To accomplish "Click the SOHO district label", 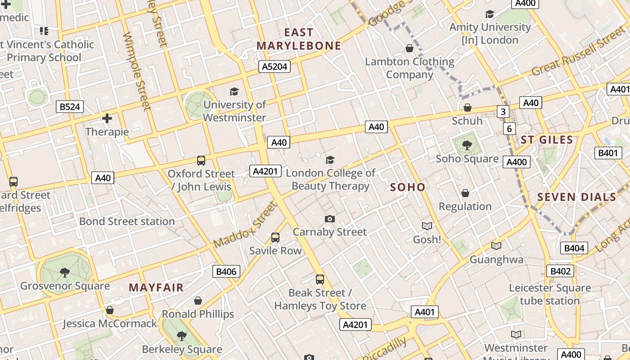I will point(408,187).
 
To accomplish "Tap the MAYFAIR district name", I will point(156,288).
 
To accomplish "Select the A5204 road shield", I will point(274,67).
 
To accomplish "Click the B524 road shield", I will point(70,107).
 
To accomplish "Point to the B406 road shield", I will point(226,271).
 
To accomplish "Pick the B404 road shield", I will point(574,248).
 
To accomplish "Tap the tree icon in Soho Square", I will point(467,145).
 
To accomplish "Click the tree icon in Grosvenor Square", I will point(65,272).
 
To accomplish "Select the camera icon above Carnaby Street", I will point(330,219).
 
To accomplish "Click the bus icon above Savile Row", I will point(275,237).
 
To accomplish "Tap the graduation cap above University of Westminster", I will point(234,92).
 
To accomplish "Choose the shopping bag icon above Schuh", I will point(468,108).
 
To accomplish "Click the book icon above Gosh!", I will point(427,226).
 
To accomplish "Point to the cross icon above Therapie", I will point(107,118).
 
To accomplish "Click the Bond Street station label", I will point(127,221).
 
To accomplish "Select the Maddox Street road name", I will point(245,225).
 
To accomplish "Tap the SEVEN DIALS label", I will point(576,197).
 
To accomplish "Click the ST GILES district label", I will point(547,140).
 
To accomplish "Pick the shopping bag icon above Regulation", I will point(465,193).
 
